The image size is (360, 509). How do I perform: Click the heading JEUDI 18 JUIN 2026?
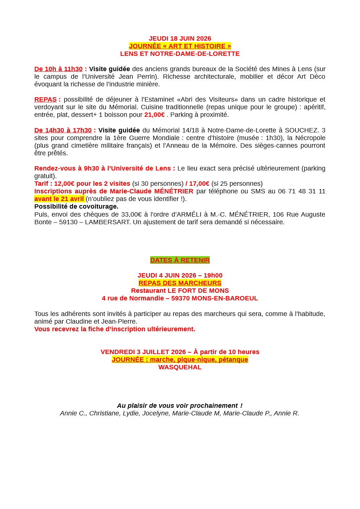click(180, 38)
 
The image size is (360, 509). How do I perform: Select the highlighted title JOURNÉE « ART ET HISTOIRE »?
click(180, 46)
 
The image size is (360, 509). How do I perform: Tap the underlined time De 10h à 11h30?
click(58, 69)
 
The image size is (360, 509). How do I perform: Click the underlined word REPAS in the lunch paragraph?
click(45, 99)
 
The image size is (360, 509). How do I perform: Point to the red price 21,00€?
click(154, 115)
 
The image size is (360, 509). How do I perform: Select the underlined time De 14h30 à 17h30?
click(63, 130)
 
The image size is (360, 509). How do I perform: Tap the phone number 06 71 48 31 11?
click(302, 191)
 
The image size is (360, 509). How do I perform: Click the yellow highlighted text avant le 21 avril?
click(59, 199)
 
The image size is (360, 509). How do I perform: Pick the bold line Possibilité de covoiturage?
click(76, 206)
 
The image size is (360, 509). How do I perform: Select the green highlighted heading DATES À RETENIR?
click(180, 260)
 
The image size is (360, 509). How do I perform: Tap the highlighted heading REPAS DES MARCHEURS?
click(180, 283)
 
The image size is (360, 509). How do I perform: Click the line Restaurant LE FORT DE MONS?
click(180, 291)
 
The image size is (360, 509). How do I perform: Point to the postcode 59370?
click(180, 298)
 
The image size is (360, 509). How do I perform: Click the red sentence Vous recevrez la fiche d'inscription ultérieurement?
click(115, 329)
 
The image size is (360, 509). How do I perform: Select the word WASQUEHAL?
click(180, 367)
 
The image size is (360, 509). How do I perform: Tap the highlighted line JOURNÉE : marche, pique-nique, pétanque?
click(180, 360)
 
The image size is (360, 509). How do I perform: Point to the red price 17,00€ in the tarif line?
click(199, 184)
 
